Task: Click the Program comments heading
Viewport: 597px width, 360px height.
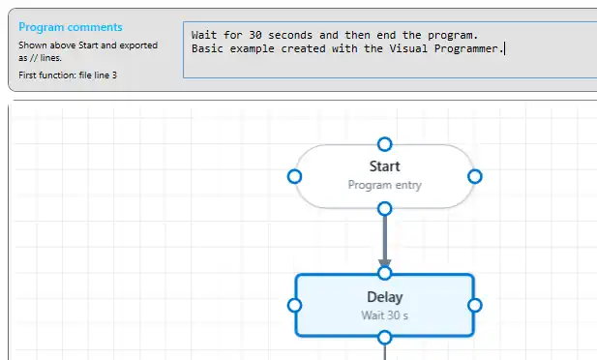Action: point(71,27)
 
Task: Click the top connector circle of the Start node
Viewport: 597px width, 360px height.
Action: point(384,144)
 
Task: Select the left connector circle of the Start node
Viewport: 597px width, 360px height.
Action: point(294,176)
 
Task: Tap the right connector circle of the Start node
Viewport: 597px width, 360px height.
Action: point(475,176)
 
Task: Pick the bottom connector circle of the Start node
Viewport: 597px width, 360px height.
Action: point(384,209)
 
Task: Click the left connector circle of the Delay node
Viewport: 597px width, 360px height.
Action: point(294,305)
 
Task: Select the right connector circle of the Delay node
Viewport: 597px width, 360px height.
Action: point(475,305)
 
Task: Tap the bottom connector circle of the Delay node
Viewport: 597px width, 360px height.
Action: point(384,338)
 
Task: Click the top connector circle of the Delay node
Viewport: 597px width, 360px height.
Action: point(384,273)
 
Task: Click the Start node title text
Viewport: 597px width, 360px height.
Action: point(384,166)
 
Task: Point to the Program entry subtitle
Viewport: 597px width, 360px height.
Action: point(384,185)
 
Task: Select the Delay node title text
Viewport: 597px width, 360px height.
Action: point(384,297)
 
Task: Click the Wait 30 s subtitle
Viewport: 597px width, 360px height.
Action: point(384,315)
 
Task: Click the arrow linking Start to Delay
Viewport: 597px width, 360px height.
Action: point(384,241)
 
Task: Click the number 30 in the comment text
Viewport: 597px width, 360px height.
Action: point(255,35)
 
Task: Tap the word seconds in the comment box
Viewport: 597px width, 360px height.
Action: point(290,35)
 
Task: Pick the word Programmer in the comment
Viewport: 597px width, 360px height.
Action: point(466,49)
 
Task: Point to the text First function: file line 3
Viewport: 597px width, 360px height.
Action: point(68,75)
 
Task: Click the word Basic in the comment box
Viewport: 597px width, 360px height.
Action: point(207,48)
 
